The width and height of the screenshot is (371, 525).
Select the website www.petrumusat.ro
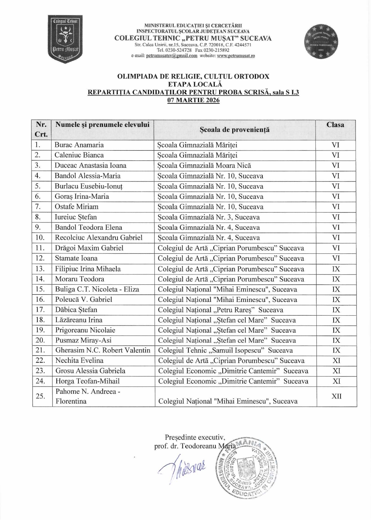tap(236, 56)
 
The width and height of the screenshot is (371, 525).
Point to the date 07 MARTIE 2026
tap(193, 100)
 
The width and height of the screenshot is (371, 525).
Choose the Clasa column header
tap(335, 125)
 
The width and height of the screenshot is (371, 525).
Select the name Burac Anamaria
tap(79, 145)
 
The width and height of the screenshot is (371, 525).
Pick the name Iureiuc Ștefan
tap(76, 217)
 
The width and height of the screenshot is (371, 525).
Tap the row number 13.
tap(41, 269)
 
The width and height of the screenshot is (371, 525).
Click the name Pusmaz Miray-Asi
tap(83, 340)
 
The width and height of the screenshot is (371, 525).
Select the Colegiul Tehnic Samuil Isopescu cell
tap(225, 350)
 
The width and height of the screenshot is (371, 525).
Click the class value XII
tap(336, 396)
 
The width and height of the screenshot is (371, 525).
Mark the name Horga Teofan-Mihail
tap(87, 381)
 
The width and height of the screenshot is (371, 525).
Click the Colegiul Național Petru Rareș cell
tap(221, 310)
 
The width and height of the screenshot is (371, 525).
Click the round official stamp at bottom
tap(246, 467)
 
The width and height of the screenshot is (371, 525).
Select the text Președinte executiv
tap(195, 438)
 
